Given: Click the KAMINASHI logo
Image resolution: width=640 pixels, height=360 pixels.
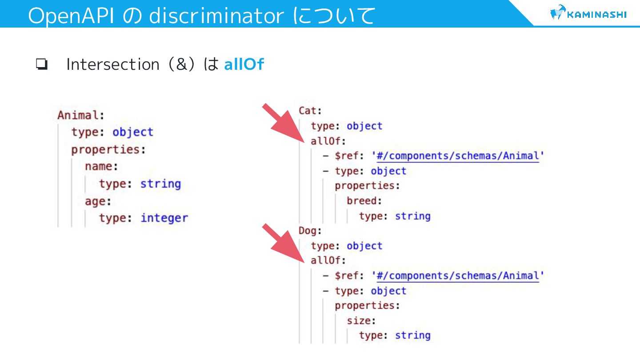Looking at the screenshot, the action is (x=588, y=14).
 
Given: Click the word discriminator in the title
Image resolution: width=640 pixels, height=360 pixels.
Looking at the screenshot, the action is (x=216, y=16).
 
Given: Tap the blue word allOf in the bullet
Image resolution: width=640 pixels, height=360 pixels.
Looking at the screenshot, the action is (x=244, y=64).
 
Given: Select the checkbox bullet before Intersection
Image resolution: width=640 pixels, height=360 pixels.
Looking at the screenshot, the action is (x=42, y=65).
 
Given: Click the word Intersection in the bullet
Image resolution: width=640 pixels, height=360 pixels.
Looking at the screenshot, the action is (x=112, y=64).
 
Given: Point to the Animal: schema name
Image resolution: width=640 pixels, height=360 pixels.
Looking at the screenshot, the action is (x=80, y=115).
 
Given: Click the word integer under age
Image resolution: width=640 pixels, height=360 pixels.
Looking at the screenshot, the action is (x=164, y=218).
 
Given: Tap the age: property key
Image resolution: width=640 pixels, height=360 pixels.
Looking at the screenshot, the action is (x=98, y=201).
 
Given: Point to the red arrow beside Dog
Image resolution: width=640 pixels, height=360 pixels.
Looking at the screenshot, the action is (x=282, y=244).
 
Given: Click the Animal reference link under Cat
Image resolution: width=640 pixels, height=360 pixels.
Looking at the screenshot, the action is (x=458, y=156).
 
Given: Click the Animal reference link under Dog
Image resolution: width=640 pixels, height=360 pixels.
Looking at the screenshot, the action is (x=458, y=276).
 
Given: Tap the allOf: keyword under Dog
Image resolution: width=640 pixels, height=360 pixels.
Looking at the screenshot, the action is (x=328, y=260).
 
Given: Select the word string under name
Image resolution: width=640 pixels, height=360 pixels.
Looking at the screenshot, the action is (x=160, y=184).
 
